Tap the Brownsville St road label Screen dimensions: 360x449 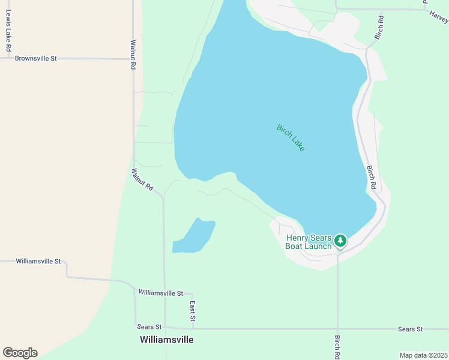[x=35, y=59]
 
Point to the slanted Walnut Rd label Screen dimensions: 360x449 [x=143, y=179]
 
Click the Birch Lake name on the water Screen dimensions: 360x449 [x=291, y=137]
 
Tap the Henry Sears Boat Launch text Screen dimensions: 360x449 [x=309, y=242]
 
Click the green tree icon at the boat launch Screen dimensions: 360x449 [x=340, y=241]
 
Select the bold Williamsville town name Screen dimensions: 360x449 [x=166, y=340]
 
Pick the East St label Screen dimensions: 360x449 [x=193, y=310]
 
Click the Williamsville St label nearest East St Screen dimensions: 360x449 [x=160, y=293]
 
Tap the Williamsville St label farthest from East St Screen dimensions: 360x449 [x=38, y=262]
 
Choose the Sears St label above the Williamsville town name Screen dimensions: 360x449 [x=149, y=327]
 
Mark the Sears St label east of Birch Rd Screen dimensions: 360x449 [x=411, y=329]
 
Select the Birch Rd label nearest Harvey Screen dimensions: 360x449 [x=379, y=28]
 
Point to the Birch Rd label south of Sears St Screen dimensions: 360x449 [x=338, y=347]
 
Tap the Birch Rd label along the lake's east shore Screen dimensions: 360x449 [x=372, y=178]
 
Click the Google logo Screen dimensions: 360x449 [x=20, y=353]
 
